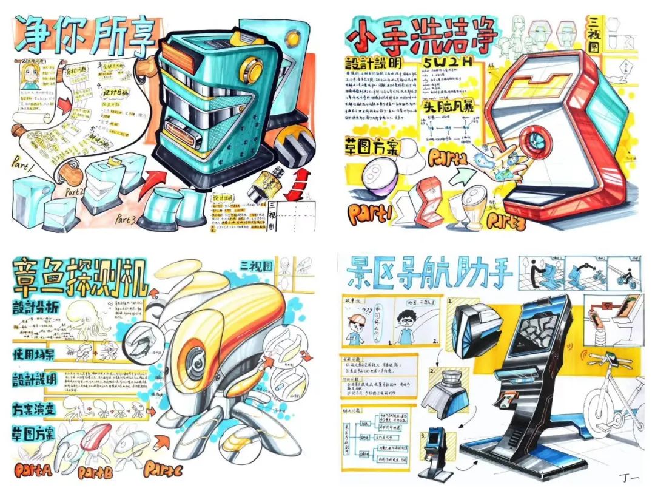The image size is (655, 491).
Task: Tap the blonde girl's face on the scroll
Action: click(32, 81)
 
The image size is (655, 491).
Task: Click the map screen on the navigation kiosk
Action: click(534, 331)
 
